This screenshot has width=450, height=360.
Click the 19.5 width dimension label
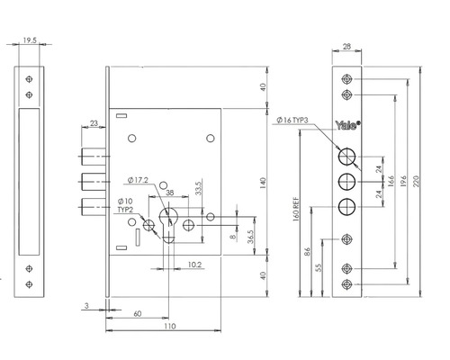[x=30, y=40]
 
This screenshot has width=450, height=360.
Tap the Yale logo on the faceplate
[x=347, y=125]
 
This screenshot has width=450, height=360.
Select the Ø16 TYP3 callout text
[x=292, y=121]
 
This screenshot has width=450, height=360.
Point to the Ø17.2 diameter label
[x=138, y=180]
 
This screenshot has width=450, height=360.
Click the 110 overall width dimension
[x=170, y=326]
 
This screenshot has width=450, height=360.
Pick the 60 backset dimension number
[x=137, y=314]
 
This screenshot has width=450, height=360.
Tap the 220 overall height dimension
[x=416, y=181]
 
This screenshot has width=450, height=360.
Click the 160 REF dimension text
[x=295, y=209]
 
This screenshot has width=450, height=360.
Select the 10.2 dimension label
[x=194, y=265]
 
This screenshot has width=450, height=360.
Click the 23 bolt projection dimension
[x=94, y=123]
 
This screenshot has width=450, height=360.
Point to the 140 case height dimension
[x=263, y=183]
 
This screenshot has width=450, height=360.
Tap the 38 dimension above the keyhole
[x=170, y=193]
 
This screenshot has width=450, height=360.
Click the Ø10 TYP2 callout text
[x=125, y=205]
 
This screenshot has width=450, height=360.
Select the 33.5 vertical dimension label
[x=199, y=188]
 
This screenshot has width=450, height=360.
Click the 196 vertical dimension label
[x=403, y=182]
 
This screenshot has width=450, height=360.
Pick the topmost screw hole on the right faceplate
[x=346, y=79]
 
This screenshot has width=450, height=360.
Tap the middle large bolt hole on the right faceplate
[x=346, y=182]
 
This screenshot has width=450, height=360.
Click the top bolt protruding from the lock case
[x=94, y=157]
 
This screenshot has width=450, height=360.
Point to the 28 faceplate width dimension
[x=346, y=47]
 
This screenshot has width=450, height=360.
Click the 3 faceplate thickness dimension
[x=86, y=306]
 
